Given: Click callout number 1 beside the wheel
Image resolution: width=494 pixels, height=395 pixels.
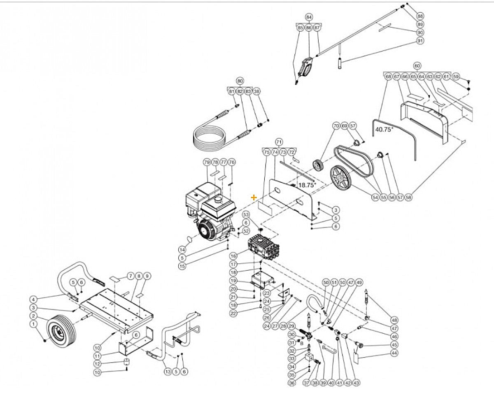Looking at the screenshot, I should (33, 324).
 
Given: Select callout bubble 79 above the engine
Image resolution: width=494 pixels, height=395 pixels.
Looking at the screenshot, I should (207, 162).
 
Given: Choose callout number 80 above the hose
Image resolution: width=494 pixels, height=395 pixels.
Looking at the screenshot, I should (240, 80).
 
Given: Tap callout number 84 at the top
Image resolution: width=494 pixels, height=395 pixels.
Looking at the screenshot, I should (309, 17).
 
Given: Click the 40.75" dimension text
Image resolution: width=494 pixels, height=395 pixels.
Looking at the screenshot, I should (384, 129).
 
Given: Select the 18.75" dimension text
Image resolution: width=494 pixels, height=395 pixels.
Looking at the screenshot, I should (307, 185).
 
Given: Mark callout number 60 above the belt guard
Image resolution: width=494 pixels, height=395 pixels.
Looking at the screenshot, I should (417, 66).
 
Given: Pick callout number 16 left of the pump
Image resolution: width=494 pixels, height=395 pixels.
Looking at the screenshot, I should (233, 256).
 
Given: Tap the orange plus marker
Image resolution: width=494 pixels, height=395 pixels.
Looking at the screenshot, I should (254, 197).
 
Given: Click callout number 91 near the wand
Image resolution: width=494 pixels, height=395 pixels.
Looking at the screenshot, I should (420, 41).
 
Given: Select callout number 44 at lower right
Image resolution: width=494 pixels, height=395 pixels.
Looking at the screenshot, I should (394, 353).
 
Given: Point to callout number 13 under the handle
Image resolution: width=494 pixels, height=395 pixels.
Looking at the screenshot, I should (167, 371).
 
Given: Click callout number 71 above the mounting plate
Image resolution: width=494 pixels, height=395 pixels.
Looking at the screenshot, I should (279, 141).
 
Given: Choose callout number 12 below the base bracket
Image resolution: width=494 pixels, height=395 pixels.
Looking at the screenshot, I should (97, 364).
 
